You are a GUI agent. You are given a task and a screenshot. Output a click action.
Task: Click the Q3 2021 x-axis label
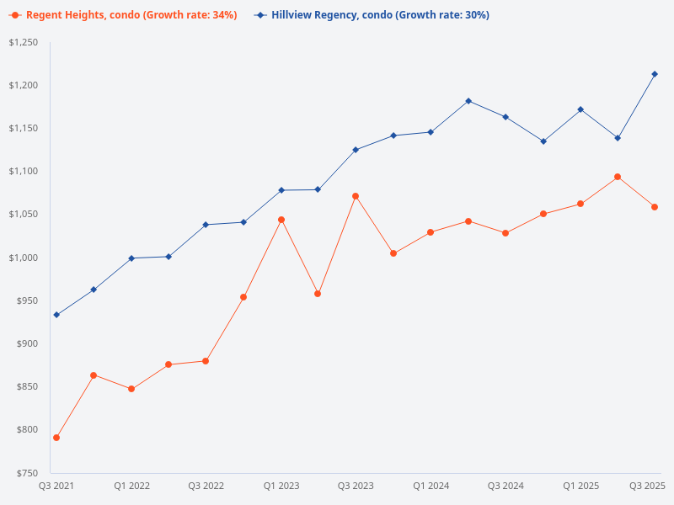coord(56,486)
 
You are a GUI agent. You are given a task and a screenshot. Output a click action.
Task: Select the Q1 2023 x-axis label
coord(281,486)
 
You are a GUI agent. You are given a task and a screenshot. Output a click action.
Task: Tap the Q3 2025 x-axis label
coord(648,486)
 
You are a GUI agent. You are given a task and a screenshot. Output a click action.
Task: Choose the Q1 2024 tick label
coord(431,486)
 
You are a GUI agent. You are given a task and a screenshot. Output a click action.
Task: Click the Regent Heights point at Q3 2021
coord(56,438)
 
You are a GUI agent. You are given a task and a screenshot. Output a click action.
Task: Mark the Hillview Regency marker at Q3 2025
coord(655,74)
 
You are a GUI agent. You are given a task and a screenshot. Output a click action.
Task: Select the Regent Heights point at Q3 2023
coord(356,196)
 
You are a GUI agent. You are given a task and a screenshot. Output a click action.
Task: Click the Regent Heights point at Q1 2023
coord(281,220)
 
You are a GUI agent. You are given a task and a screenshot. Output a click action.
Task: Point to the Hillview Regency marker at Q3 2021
coord(56,315)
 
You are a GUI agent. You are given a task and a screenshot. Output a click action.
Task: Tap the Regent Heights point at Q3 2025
coord(655,207)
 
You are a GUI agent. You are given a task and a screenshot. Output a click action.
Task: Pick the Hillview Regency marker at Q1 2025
coord(580,109)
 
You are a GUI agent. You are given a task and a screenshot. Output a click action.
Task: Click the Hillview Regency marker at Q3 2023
coord(356,150)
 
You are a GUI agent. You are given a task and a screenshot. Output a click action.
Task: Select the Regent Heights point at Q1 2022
coord(131,389)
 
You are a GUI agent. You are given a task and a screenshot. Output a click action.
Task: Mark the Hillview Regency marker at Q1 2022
coord(131,258)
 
